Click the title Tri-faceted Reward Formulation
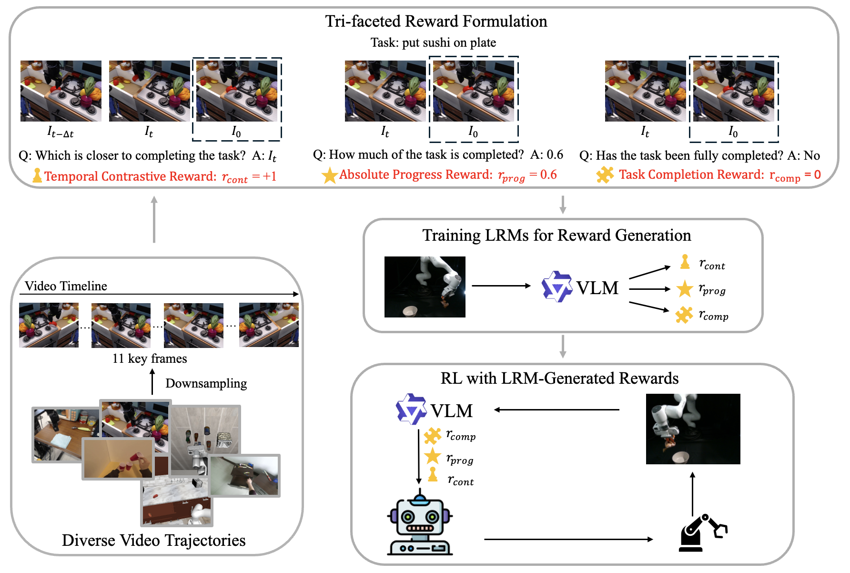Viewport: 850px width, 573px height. click(436, 21)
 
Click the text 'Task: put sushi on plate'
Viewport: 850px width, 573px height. click(433, 43)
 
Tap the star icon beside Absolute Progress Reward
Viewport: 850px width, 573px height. click(330, 175)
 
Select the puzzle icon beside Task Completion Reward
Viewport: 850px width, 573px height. click(605, 175)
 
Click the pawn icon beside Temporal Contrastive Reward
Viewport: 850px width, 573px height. click(37, 175)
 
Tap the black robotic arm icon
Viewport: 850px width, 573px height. click(702, 533)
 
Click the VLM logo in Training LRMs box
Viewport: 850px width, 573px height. click(557, 287)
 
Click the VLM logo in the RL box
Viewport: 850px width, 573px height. click(411, 409)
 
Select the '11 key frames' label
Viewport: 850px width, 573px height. click(150, 358)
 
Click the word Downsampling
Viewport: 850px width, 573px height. click(206, 383)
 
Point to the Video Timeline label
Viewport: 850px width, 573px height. click(66, 286)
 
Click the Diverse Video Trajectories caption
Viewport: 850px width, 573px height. click(153, 541)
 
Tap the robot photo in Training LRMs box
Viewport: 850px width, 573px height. click(425, 287)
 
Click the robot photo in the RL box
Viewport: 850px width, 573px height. click(693, 429)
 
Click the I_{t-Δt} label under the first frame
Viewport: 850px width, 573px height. click(61, 132)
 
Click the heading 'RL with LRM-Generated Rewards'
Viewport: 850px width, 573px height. click(559, 378)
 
